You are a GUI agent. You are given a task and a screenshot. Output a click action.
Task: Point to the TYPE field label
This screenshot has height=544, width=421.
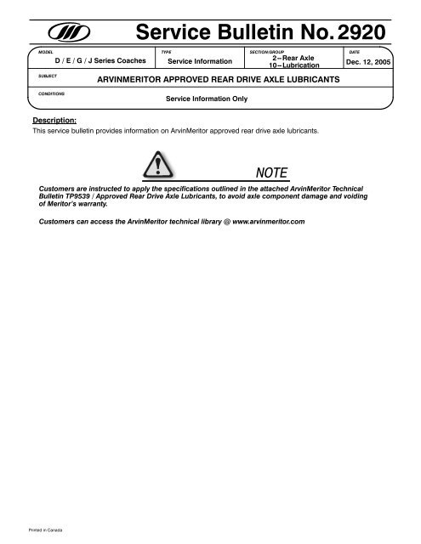coord(166,52)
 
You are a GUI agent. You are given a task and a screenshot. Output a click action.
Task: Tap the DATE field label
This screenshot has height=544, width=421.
coord(343,52)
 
